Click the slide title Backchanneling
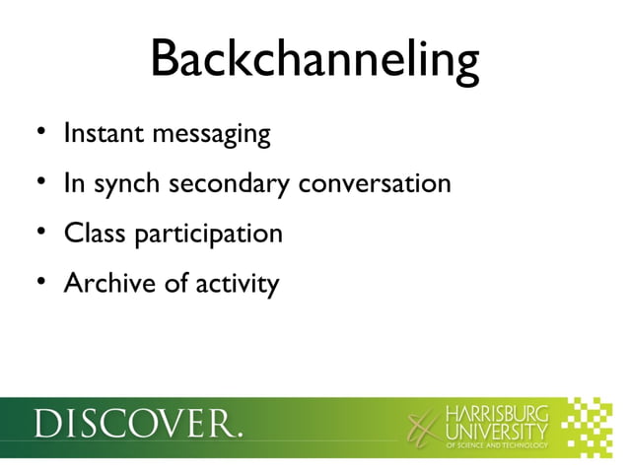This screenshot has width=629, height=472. point(314,60)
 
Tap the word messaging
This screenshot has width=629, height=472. point(211,135)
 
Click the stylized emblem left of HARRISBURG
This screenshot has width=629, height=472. point(422,428)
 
